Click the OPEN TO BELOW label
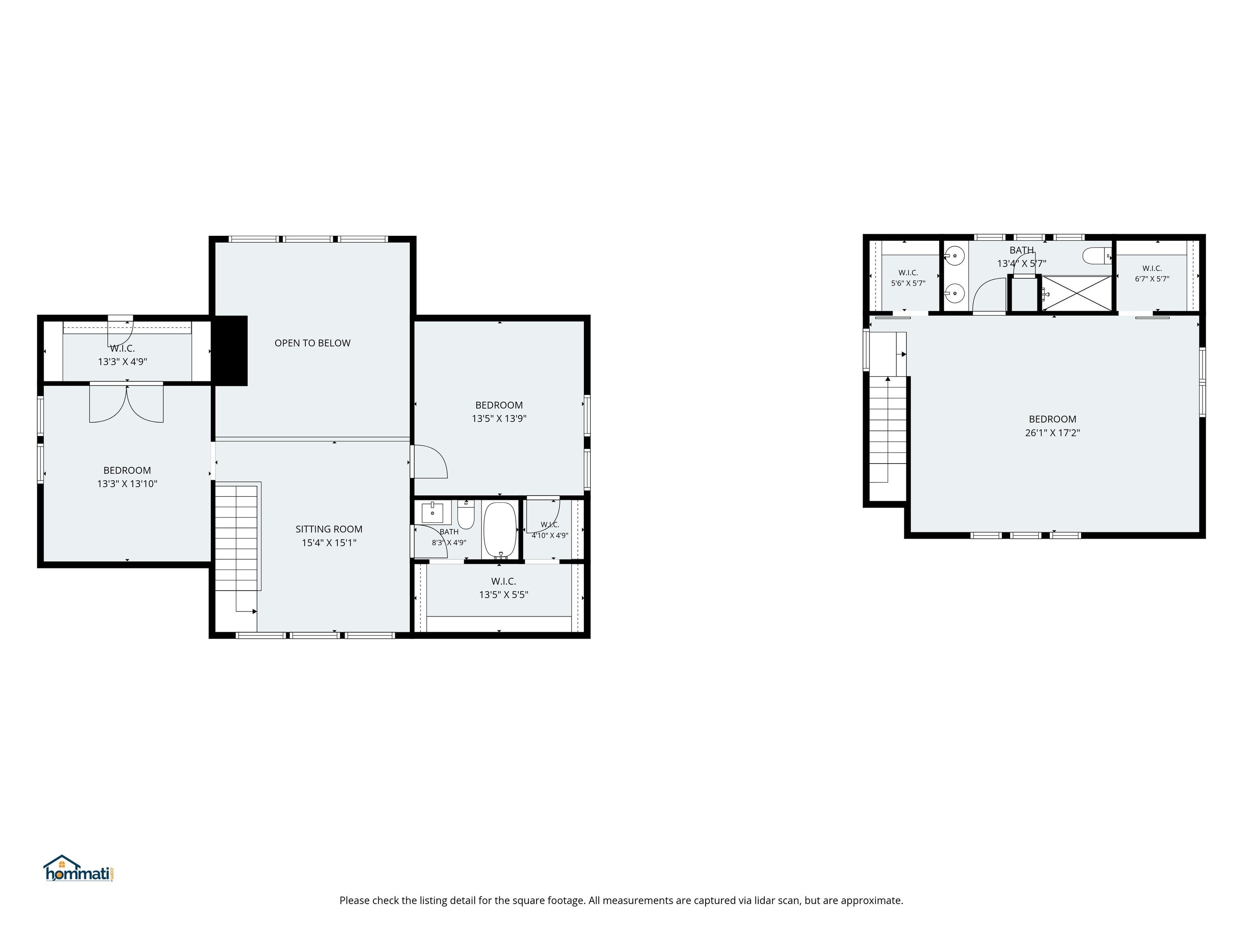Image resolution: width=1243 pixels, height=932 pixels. pos(312,343)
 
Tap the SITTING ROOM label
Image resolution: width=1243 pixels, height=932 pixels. pos(329,529)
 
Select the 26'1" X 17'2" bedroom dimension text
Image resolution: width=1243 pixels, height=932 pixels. pos(1052,432)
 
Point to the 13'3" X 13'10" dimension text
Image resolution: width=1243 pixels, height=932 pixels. pos(127,484)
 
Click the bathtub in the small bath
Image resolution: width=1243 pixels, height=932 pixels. pos(500,530)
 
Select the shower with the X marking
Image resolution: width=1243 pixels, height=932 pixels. pos(1077,293)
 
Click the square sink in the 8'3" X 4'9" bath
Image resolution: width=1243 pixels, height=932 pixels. pos(432,513)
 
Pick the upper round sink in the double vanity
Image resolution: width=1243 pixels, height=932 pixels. pos(954,256)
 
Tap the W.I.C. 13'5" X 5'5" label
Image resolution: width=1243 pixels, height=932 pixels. pos(503,588)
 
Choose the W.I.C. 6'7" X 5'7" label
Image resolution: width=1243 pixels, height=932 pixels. pos(1152,273)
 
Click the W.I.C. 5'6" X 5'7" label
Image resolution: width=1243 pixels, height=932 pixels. pos(908,278)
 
